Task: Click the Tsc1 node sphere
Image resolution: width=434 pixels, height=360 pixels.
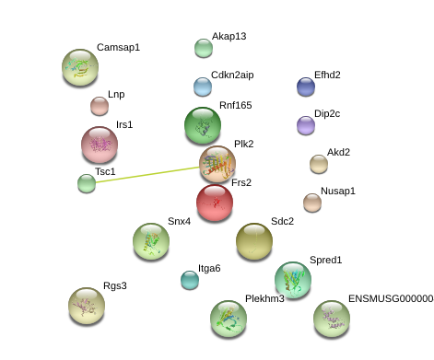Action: pyautogui.click(x=87, y=183)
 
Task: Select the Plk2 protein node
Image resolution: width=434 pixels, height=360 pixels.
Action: pyautogui.click(x=217, y=164)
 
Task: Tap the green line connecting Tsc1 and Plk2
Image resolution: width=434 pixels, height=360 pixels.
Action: pyautogui.click(x=147, y=175)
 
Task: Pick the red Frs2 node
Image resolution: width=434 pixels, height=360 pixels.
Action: pyautogui.click(x=215, y=203)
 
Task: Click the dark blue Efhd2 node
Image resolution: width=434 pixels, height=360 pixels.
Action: pyautogui.click(x=306, y=87)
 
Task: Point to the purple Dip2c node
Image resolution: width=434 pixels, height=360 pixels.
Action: pyautogui.click(x=306, y=125)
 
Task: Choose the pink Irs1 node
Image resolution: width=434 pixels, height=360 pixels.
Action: pyautogui.click(x=100, y=145)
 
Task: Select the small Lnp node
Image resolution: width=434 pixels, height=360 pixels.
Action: pyautogui.click(x=100, y=106)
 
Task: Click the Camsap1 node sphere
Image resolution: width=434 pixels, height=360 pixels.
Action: pyautogui.click(x=80, y=67)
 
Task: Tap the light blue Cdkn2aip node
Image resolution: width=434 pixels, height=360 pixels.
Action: pyautogui.click(x=203, y=87)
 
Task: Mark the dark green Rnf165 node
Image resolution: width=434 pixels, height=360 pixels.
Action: pyautogui.click(x=203, y=125)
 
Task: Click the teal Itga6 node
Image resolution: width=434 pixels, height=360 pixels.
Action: pyautogui.click(x=190, y=280)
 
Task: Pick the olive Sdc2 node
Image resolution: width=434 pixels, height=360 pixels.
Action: pyautogui.click(x=254, y=241)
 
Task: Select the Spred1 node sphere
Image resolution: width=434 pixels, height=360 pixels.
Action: pyautogui.click(x=293, y=280)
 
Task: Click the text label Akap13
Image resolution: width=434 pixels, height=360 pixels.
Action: pyautogui.click(x=229, y=36)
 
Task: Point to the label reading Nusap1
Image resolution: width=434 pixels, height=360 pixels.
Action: pyautogui.click(x=338, y=191)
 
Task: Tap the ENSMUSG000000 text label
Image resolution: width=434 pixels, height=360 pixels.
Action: pyautogui.click(x=391, y=298)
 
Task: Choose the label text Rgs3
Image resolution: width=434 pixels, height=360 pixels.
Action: pyautogui.click(x=115, y=285)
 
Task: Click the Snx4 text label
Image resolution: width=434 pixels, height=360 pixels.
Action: pyautogui.click(x=179, y=221)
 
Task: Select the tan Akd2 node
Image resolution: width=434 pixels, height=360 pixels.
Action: pyautogui.click(x=319, y=164)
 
